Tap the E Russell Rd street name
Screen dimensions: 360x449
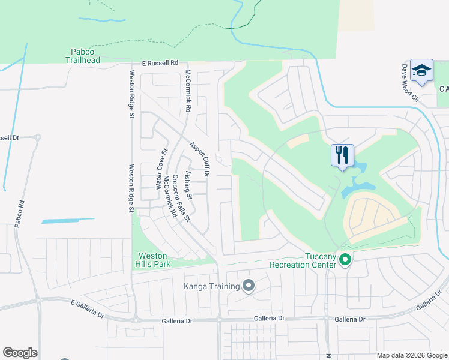[161, 62]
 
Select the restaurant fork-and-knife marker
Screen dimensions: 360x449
[342, 156]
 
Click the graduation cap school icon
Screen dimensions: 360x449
[422, 71]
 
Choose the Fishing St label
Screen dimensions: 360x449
[188, 185]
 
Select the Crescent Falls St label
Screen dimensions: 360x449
[181, 197]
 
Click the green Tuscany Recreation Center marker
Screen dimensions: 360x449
[345, 260]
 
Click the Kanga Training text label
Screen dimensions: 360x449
[212, 286]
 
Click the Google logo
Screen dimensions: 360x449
[20, 353]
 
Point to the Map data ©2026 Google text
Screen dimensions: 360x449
[411, 355]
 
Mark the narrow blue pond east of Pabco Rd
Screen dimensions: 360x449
[67, 221]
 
